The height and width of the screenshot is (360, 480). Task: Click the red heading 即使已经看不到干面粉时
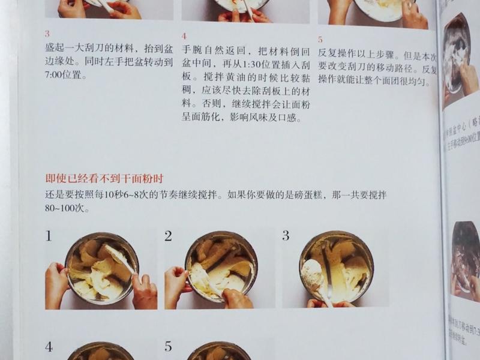[105, 178]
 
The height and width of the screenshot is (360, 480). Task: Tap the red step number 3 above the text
[47, 34]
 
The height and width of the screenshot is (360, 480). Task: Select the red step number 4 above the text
[184, 36]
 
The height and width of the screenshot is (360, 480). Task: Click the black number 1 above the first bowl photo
[49, 236]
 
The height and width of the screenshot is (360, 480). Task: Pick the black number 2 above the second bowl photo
[168, 235]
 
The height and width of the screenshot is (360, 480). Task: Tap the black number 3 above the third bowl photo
[286, 235]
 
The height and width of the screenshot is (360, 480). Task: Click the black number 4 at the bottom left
[49, 347]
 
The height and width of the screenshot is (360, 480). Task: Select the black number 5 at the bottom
[168, 347]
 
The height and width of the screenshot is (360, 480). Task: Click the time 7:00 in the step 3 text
[55, 76]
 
